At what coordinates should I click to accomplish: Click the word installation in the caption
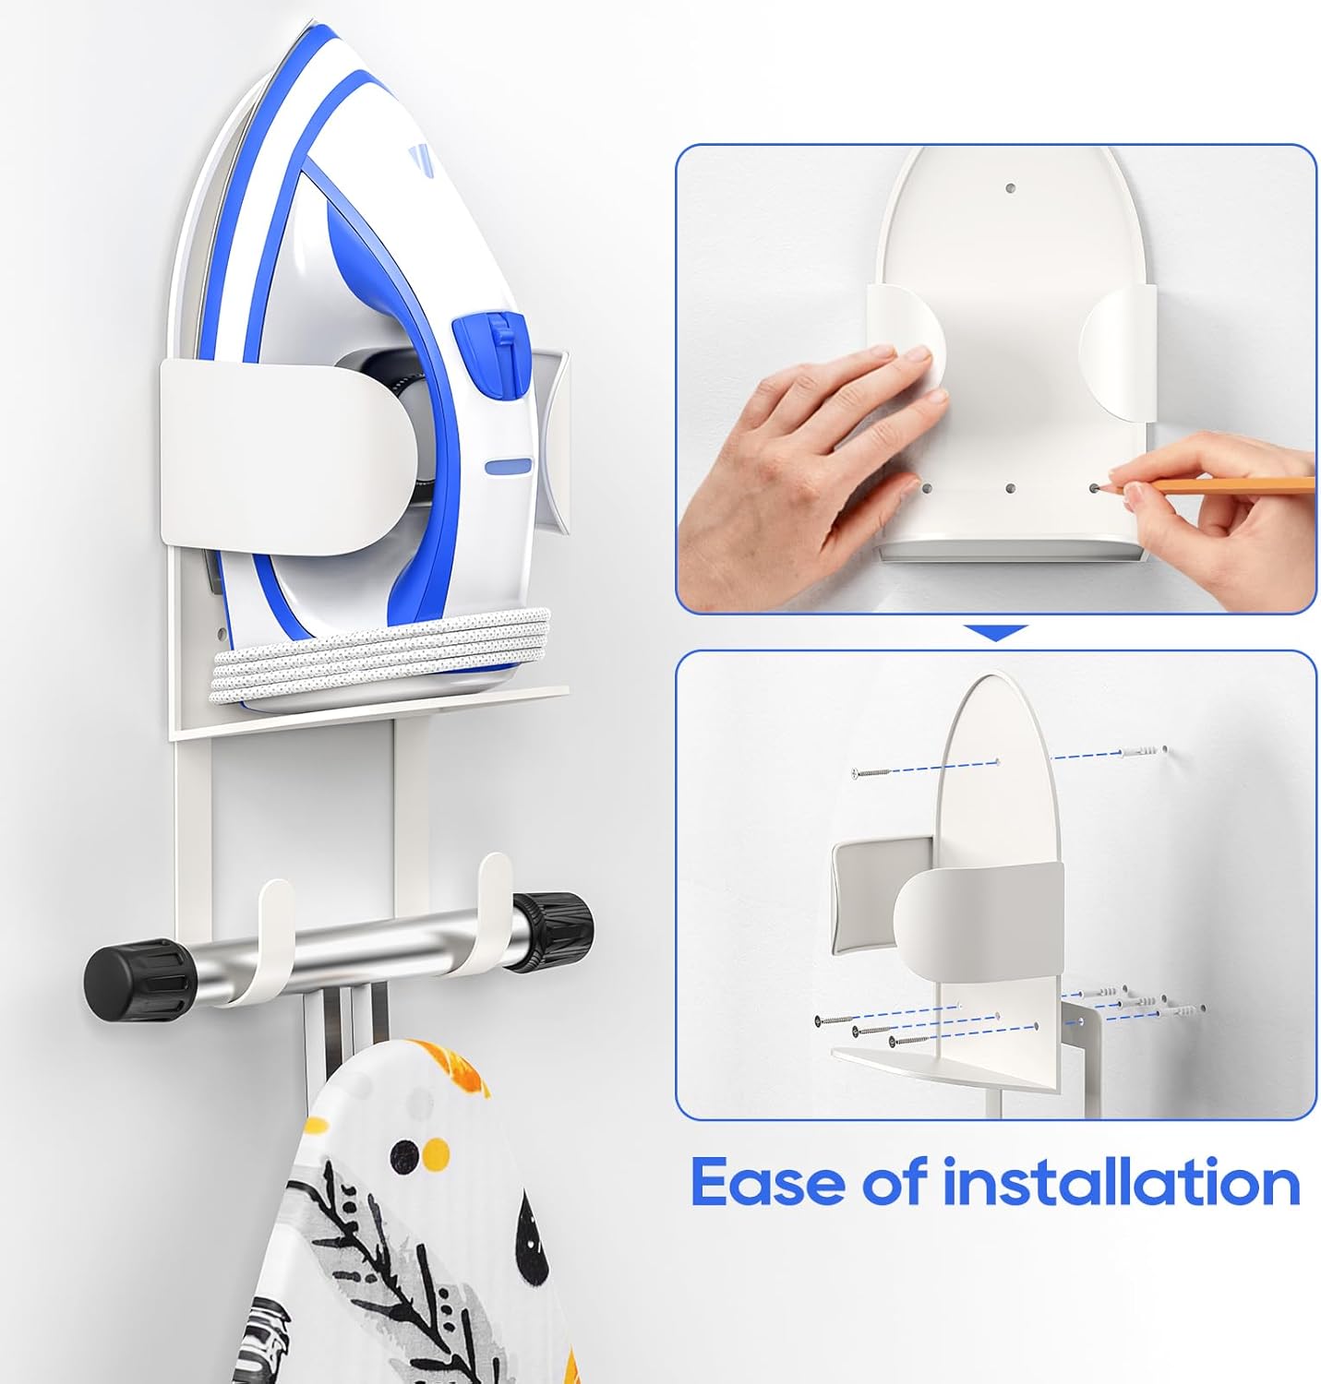click(x=1121, y=1182)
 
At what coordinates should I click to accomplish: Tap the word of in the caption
click(x=893, y=1182)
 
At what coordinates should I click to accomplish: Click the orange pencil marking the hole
click(x=1228, y=484)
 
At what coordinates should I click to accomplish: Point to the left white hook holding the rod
click(x=270, y=941)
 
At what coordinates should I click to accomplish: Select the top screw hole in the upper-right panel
click(x=1011, y=188)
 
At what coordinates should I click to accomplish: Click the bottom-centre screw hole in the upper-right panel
click(x=1011, y=489)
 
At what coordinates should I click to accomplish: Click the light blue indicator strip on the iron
click(x=509, y=466)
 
